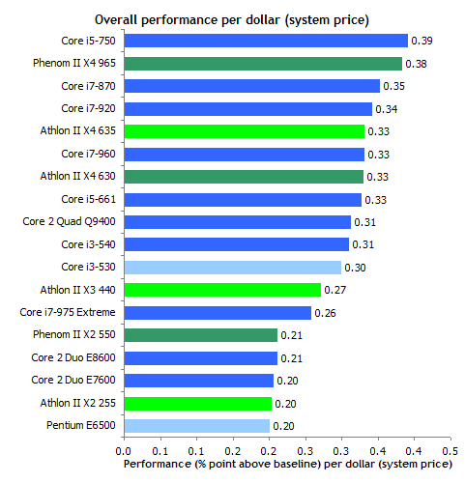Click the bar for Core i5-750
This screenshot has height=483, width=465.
(x=266, y=41)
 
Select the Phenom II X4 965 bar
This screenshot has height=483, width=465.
(x=262, y=64)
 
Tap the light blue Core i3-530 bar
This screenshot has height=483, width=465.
(x=232, y=268)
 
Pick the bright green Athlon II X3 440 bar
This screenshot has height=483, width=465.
(x=221, y=290)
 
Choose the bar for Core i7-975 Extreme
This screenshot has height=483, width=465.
(x=217, y=313)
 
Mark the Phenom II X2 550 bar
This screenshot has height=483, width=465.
(x=200, y=335)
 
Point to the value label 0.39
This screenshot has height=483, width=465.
(x=421, y=41)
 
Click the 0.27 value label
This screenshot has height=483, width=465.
(x=334, y=290)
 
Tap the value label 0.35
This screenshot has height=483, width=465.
(x=393, y=86)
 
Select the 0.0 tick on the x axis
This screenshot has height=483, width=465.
(x=123, y=450)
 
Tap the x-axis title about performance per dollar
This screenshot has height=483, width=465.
(x=287, y=464)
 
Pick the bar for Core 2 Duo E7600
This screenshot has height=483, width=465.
(x=198, y=381)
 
